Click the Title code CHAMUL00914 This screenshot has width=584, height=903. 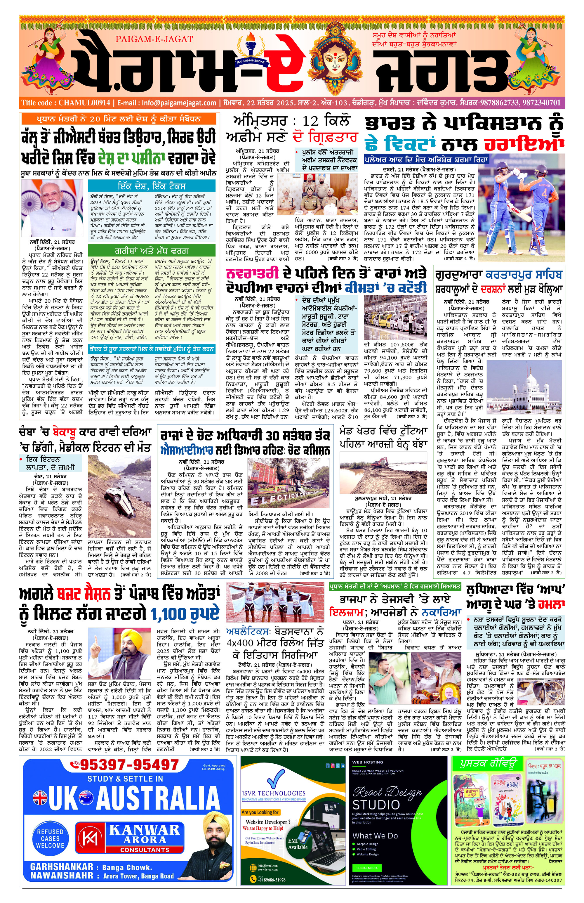[x=66, y=103]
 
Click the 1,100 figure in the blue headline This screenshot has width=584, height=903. [x=185, y=613]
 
